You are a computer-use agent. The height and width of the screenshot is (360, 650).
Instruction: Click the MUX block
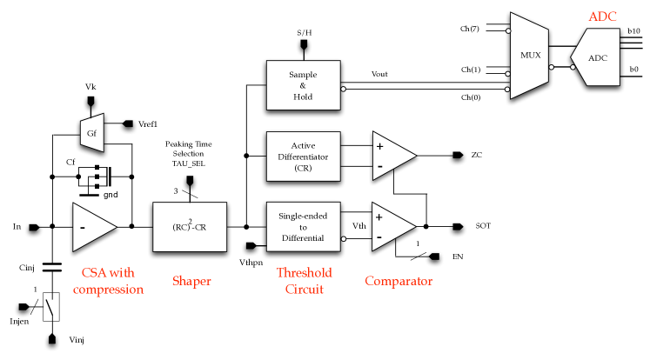pyautogui.click(x=529, y=56)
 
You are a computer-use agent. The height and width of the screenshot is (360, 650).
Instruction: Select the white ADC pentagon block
pyautogui.click(x=597, y=57)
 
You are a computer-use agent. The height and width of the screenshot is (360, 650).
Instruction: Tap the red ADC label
pyautogui.click(x=602, y=17)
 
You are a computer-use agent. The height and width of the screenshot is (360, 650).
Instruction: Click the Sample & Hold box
pyautogui.click(x=303, y=85)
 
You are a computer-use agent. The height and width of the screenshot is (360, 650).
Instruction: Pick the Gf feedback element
pyautogui.click(x=92, y=133)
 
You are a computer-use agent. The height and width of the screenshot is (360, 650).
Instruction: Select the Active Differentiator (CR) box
pyautogui.click(x=303, y=156)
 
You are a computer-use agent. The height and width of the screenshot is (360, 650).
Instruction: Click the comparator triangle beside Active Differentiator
pyautogui.click(x=392, y=156)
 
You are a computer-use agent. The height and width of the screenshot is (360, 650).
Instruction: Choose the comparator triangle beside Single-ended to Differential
pyautogui.click(x=392, y=226)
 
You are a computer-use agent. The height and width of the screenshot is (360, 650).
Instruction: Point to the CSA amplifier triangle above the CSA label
pyautogui.click(x=91, y=227)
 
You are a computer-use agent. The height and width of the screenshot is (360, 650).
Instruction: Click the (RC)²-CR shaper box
pyautogui.click(x=190, y=227)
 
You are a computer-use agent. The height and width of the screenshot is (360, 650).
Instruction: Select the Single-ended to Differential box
pyautogui.click(x=303, y=227)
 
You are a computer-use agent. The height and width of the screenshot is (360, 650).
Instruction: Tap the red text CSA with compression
pyautogui.click(x=108, y=281)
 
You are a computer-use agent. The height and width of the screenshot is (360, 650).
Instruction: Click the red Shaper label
pyautogui.click(x=191, y=281)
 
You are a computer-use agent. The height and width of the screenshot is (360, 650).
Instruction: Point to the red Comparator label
pyautogui.click(x=399, y=281)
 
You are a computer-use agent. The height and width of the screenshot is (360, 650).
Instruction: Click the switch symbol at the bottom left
pyautogui.click(x=51, y=308)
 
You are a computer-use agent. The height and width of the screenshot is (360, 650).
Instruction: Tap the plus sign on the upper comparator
pyautogui.click(x=379, y=146)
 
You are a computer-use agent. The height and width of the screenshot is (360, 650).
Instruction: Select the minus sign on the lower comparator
pyautogui.click(x=379, y=237)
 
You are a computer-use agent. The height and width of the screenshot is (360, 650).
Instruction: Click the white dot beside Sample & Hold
pyautogui.click(x=344, y=89)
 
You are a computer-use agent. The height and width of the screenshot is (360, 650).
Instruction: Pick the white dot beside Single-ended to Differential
pyautogui.click(x=344, y=238)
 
